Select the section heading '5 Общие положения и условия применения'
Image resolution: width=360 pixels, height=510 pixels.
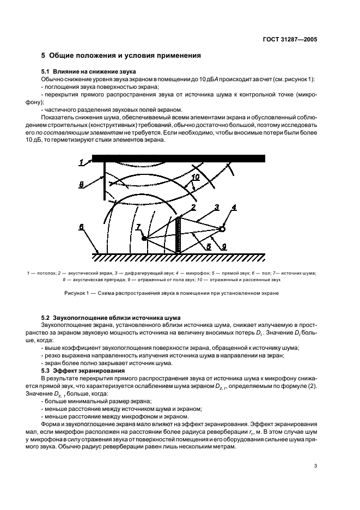tap(121, 56)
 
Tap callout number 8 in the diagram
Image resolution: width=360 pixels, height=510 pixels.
tap(82, 185)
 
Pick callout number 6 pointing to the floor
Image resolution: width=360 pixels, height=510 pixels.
tap(82, 228)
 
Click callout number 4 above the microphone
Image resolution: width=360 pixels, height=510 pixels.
tap(234, 208)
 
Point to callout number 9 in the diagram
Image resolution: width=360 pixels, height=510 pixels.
tap(224, 246)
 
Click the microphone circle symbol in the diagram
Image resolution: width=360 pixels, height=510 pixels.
tap(222, 229)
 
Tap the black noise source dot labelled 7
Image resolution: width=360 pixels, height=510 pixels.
tap(144, 239)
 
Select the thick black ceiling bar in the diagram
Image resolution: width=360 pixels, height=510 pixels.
tap(180, 159)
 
